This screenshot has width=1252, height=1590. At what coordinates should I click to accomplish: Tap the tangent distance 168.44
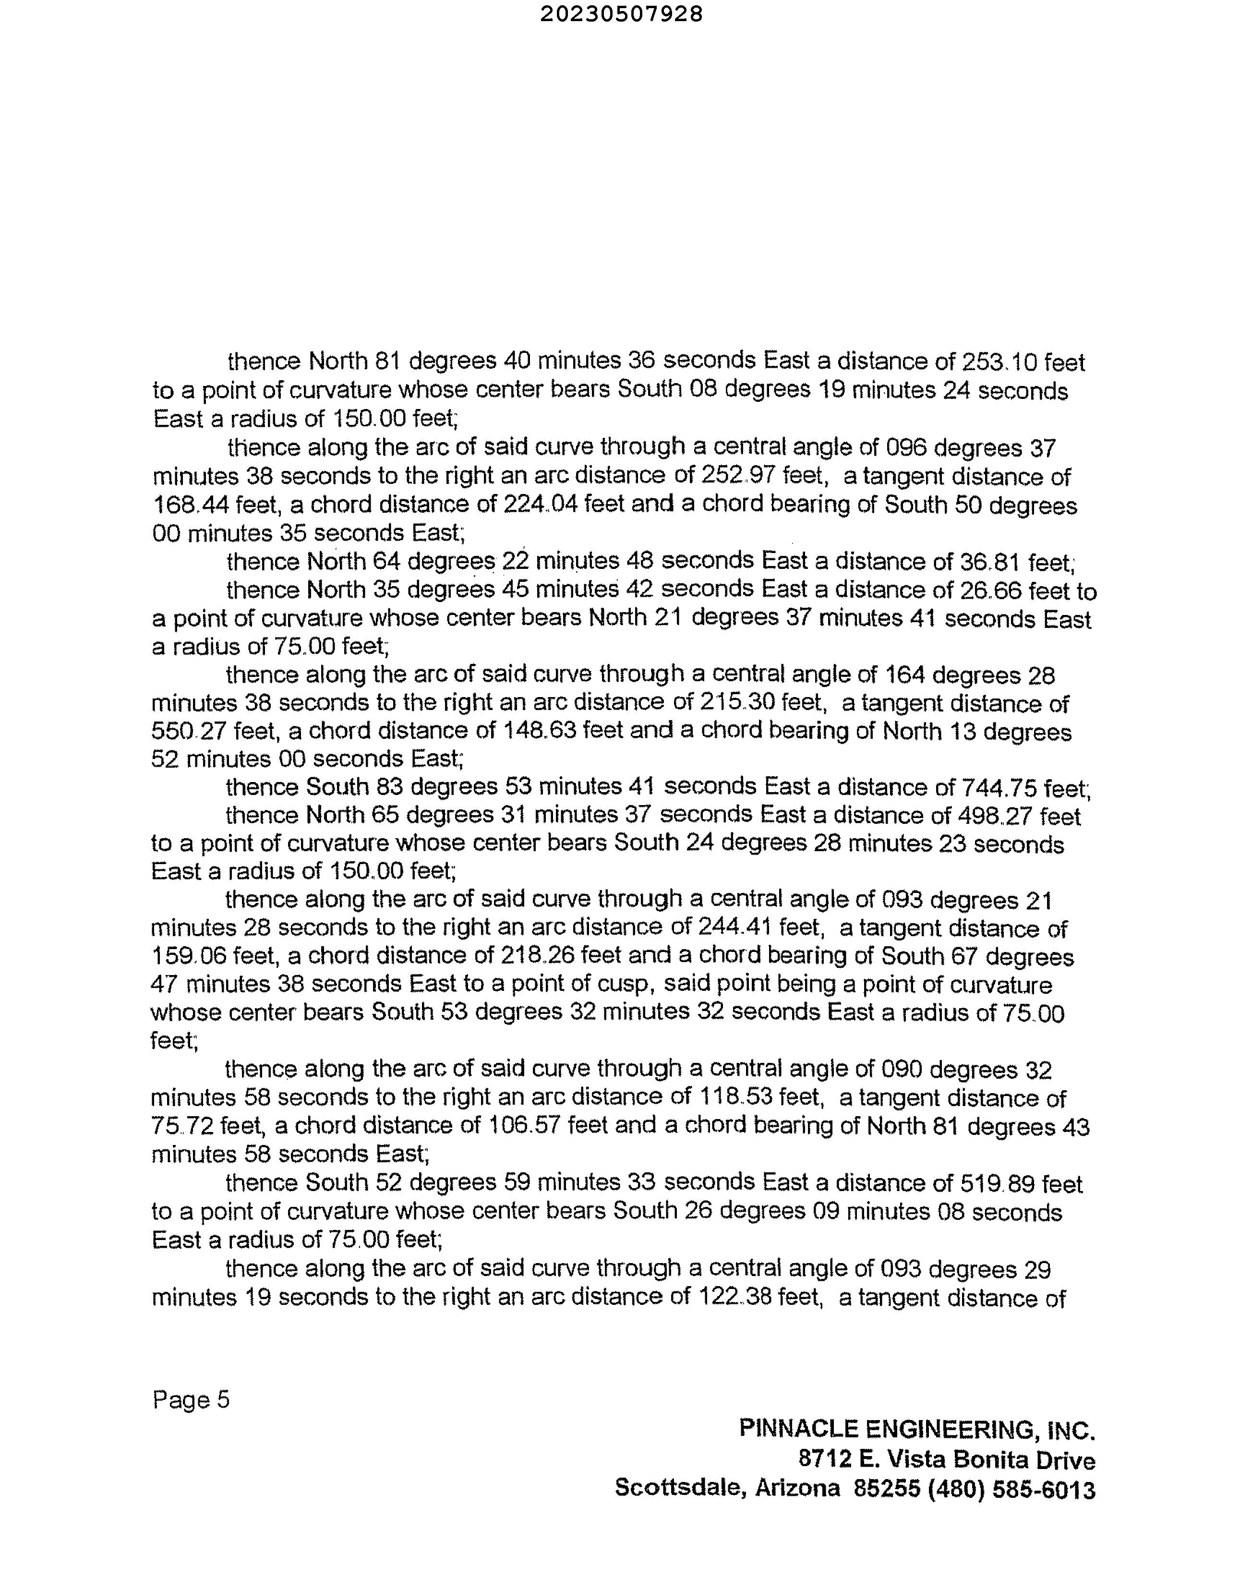tap(189, 505)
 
